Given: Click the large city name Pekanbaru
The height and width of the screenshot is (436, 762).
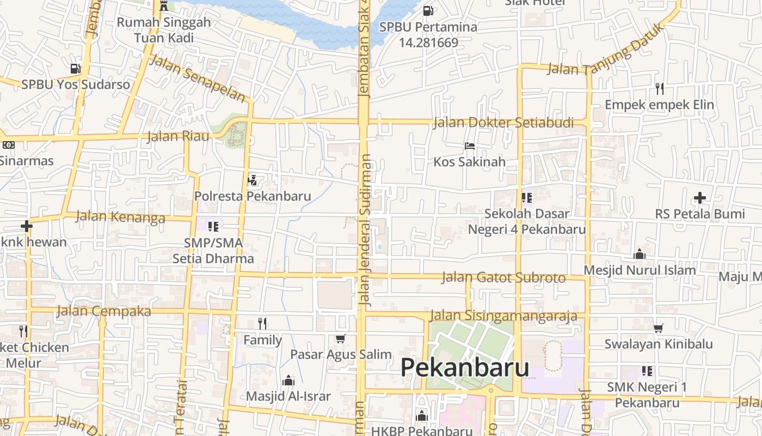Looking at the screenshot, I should tap(465, 368).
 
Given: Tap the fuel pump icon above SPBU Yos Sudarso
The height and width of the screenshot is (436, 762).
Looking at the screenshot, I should tap(75, 69).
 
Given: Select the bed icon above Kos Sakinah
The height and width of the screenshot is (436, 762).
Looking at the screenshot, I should tap(470, 146).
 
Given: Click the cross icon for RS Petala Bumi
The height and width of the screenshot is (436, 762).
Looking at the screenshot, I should tap(700, 198).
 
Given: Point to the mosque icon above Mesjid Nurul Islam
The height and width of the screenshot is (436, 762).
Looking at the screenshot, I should tap(640, 254).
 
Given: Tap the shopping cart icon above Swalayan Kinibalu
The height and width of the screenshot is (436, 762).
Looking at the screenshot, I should tap(659, 328).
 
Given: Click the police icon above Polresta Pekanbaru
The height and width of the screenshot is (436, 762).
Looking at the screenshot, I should tap(253, 180).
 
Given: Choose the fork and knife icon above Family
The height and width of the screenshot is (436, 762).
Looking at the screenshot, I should tap(262, 324).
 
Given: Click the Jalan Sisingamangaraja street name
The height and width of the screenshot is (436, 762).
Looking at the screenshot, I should tap(503, 316).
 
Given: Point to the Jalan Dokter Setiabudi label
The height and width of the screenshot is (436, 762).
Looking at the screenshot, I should tap(503, 123).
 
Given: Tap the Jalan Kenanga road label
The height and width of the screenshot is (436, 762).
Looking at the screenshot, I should tap(120, 217).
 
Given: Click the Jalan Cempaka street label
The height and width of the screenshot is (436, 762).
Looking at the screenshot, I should tap(103, 311).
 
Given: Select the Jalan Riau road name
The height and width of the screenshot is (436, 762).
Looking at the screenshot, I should tap(178, 136).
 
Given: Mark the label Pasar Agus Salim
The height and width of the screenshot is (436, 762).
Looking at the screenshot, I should tap(341, 354).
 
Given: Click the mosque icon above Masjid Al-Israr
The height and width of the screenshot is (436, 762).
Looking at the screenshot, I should tap(288, 380).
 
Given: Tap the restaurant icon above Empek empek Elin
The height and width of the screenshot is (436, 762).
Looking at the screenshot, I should tap(660, 88).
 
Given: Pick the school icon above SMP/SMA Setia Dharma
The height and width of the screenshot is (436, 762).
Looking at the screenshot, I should tap(213, 226).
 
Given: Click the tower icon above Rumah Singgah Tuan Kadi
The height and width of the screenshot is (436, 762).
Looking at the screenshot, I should tap(164, 7).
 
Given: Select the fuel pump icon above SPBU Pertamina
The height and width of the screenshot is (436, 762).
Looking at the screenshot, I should tap(428, 10).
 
